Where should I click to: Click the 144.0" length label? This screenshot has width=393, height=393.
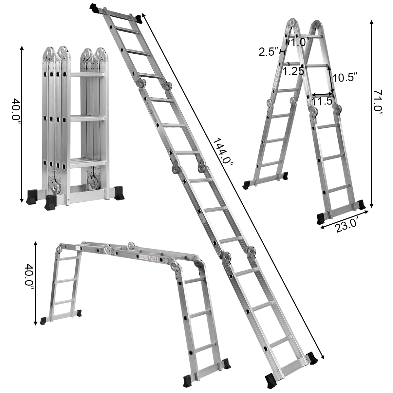[222, 153]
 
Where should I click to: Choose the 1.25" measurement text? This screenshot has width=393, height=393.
[294, 71]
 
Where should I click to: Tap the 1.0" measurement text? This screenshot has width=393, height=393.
[300, 42]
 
